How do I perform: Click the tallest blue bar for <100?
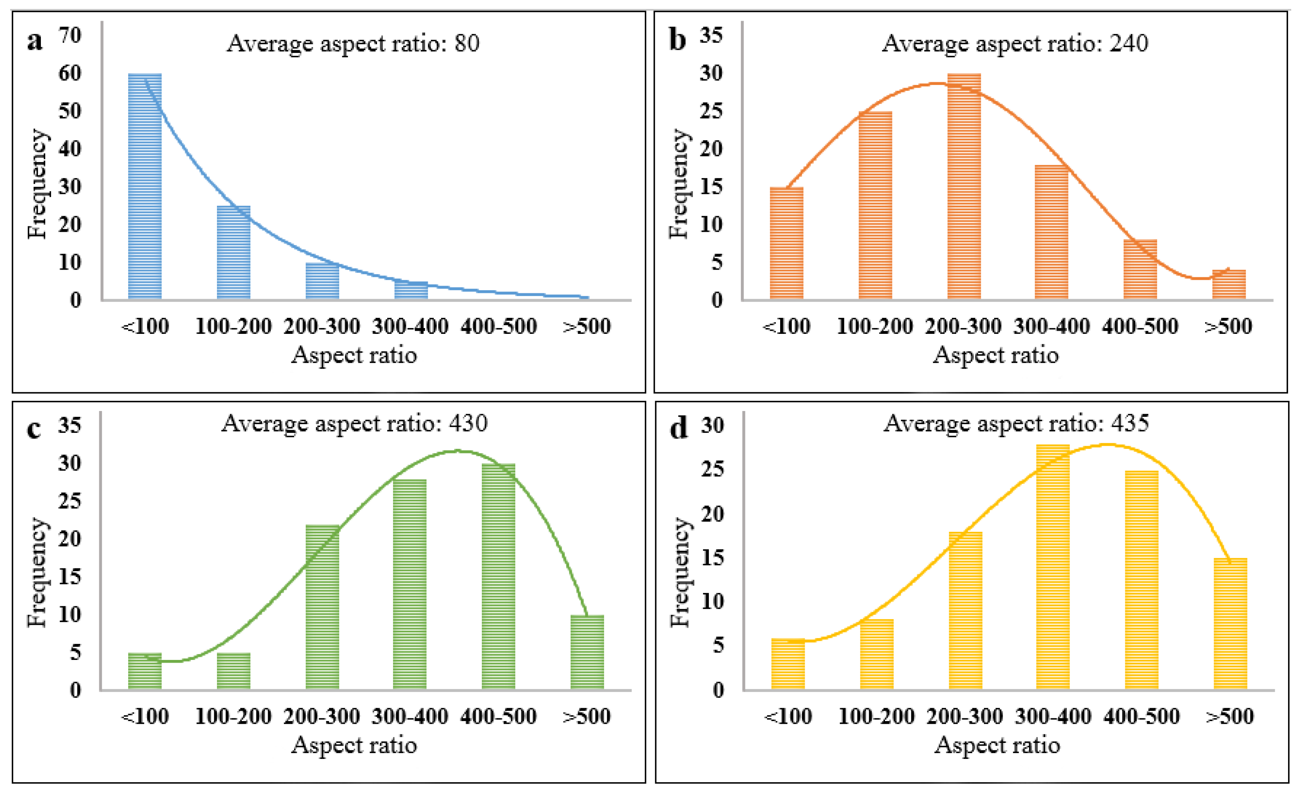(x=145, y=187)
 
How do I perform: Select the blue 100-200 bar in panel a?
(x=234, y=252)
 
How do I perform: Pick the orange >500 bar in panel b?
(x=1229, y=285)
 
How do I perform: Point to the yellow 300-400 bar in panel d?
(x=1053, y=567)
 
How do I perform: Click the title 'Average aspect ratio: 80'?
(x=353, y=44)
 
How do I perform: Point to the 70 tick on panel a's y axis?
(x=70, y=35)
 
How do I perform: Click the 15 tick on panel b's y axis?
(x=711, y=187)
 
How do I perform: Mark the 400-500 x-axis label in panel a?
(x=499, y=326)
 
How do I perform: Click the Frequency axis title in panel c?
(x=37, y=573)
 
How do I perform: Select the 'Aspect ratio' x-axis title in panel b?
(x=996, y=355)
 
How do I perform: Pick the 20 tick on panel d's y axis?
(x=713, y=513)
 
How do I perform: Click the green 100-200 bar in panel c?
(x=234, y=671)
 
